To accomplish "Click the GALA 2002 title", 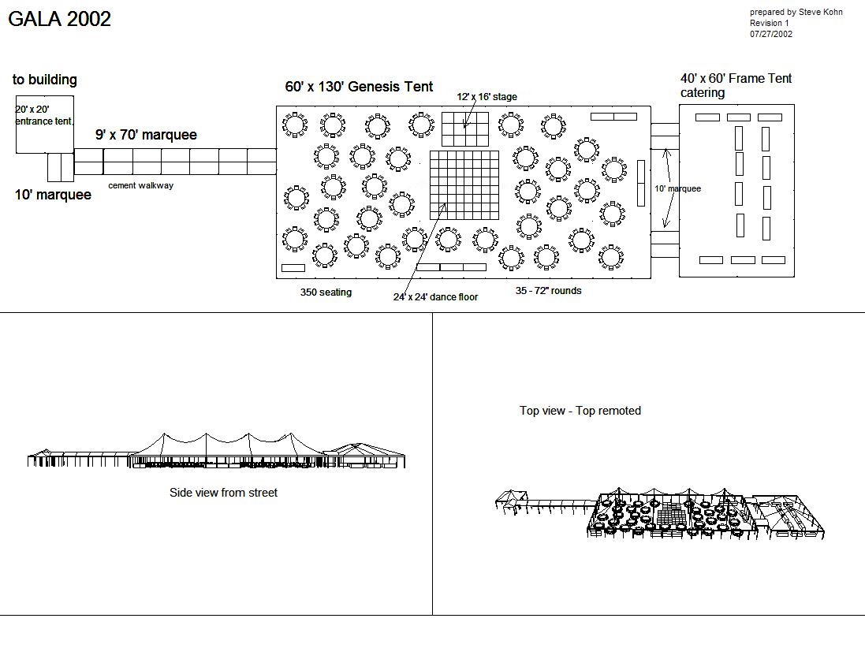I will click(59, 19).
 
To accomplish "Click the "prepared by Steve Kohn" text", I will click(796, 13).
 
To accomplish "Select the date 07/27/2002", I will click(771, 34).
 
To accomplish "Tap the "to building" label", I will click(45, 80).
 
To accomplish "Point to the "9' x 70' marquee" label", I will click(146, 135).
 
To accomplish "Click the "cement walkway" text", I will click(140, 186).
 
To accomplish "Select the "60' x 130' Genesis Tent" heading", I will click(359, 87).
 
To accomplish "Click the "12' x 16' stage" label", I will click(487, 97).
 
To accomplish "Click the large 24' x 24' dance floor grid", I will click(464, 184).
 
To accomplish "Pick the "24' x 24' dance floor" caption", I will click(435, 297).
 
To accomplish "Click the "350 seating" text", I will click(326, 292).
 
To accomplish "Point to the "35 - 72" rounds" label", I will click(548, 291).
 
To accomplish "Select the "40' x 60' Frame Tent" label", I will click(736, 79).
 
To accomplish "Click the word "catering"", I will click(702, 93).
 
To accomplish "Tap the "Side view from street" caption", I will click(223, 493).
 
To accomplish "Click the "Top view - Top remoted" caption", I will click(580, 411).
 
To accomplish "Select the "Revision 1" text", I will click(769, 24).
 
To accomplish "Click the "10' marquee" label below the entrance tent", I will click(53, 195).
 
